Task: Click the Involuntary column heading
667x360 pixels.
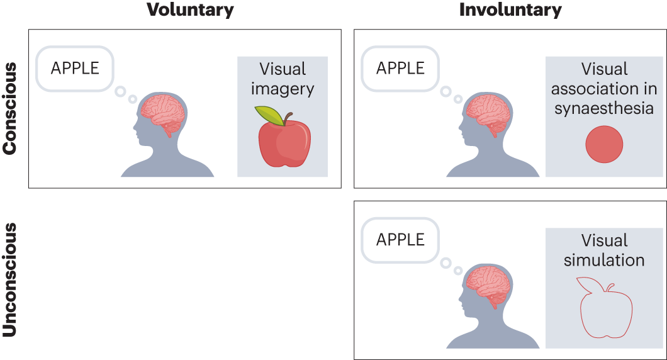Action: click(x=510, y=10)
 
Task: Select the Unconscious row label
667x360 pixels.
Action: click(x=10, y=279)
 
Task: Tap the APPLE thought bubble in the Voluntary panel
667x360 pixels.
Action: click(x=76, y=68)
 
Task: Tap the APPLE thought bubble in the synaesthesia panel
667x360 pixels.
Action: click(x=401, y=68)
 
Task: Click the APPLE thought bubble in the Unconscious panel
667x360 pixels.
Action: click(x=401, y=240)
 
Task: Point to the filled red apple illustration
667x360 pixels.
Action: click(x=285, y=143)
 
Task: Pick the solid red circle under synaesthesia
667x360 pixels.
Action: click(x=604, y=145)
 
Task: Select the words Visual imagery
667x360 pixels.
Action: click(x=283, y=79)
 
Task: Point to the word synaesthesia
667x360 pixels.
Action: click(x=604, y=108)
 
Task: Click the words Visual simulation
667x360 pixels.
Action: click(x=604, y=250)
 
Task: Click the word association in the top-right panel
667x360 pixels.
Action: click(x=604, y=88)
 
